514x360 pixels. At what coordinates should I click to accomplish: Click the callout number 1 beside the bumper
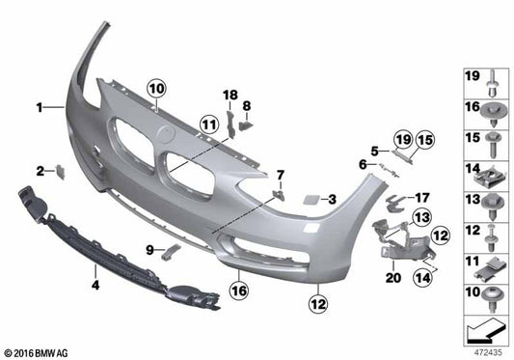click(40, 109)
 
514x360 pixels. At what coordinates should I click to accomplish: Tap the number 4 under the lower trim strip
click(95, 285)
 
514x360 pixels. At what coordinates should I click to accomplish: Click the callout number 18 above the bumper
click(230, 94)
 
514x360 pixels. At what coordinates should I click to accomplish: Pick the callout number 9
click(150, 250)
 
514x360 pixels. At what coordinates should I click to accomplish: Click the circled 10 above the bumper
click(156, 89)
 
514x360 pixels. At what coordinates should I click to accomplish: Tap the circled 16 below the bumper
click(237, 286)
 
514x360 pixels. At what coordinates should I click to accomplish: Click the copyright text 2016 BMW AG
click(39, 352)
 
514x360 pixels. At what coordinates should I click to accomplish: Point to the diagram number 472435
click(487, 352)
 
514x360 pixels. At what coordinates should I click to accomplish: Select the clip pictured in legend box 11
click(491, 263)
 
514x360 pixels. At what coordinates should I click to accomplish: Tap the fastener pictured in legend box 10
click(491, 294)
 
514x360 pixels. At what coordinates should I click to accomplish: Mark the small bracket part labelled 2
click(59, 171)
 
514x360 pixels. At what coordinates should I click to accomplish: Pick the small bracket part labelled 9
click(174, 250)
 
